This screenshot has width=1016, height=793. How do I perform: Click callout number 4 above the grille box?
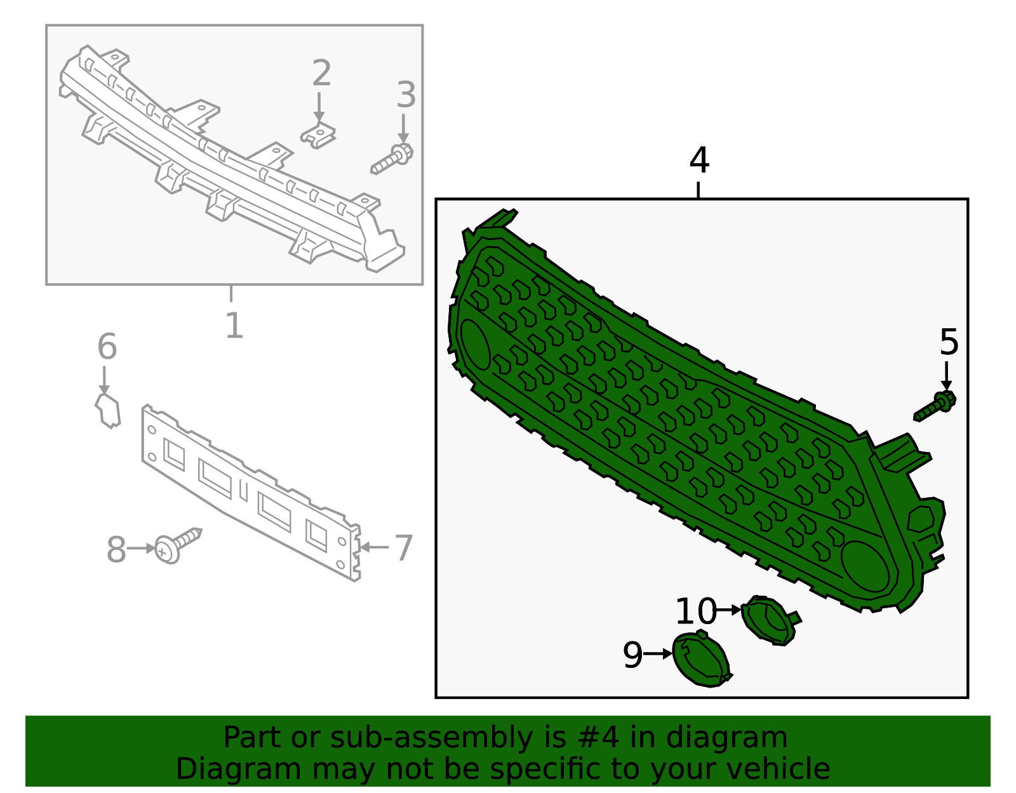pos(699,160)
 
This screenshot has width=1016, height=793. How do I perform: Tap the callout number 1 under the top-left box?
pos(234,326)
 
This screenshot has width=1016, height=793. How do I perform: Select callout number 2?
pos(322,73)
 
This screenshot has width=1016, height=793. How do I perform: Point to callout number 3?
pos(406,95)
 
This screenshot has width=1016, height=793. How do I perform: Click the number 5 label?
pos(949,342)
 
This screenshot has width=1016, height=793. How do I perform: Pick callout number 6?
pos(107,346)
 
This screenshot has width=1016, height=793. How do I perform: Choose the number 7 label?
pos(404,548)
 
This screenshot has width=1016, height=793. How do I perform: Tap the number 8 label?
pos(116,550)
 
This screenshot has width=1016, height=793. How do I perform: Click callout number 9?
pos(633,655)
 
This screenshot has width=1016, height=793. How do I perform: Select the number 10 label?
pos(696,611)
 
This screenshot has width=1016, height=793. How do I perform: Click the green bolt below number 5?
pos(935,406)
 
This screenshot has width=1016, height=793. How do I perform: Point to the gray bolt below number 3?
pos(392,159)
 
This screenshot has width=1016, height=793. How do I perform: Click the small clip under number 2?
pos(318,135)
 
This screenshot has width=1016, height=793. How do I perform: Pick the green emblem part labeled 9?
pos(702,658)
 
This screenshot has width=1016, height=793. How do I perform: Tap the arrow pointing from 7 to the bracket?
pos(373,547)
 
